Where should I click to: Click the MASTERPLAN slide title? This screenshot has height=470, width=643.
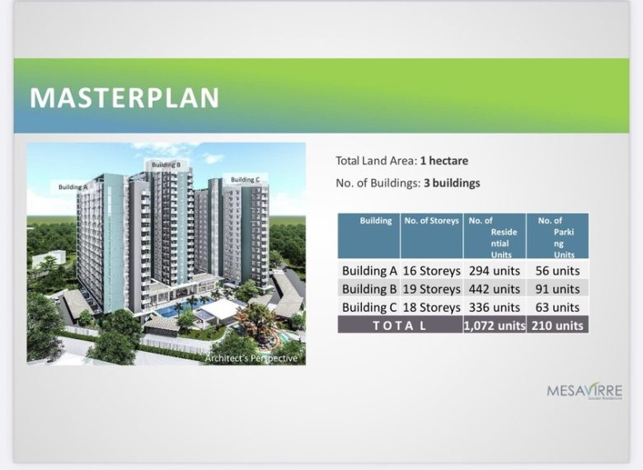click(124, 97)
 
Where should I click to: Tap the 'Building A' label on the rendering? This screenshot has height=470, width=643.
click(73, 187)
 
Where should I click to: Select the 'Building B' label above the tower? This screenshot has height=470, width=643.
click(171, 165)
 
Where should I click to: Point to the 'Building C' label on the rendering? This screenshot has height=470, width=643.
click(245, 180)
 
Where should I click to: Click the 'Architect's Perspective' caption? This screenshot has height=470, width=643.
click(251, 358)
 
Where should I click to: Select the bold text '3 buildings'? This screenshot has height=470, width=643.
click(452, 183)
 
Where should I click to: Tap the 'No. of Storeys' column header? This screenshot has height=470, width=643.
click(432, 221)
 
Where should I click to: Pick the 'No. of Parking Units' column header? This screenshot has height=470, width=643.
click(557, 237)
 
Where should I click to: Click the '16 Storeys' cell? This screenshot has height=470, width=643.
click(432, 270)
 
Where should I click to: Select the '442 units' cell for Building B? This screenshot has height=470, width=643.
click(495, 289)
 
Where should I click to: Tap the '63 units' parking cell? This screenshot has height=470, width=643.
click(557, 308)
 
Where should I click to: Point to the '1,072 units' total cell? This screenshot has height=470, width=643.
click(495, 326)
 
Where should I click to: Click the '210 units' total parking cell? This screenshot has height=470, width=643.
click(557, 326)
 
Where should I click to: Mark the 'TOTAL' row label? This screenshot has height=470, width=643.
click(400, 326)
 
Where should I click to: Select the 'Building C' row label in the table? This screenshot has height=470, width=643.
click(370, 308)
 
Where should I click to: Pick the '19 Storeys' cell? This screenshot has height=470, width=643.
click(432, 289)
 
